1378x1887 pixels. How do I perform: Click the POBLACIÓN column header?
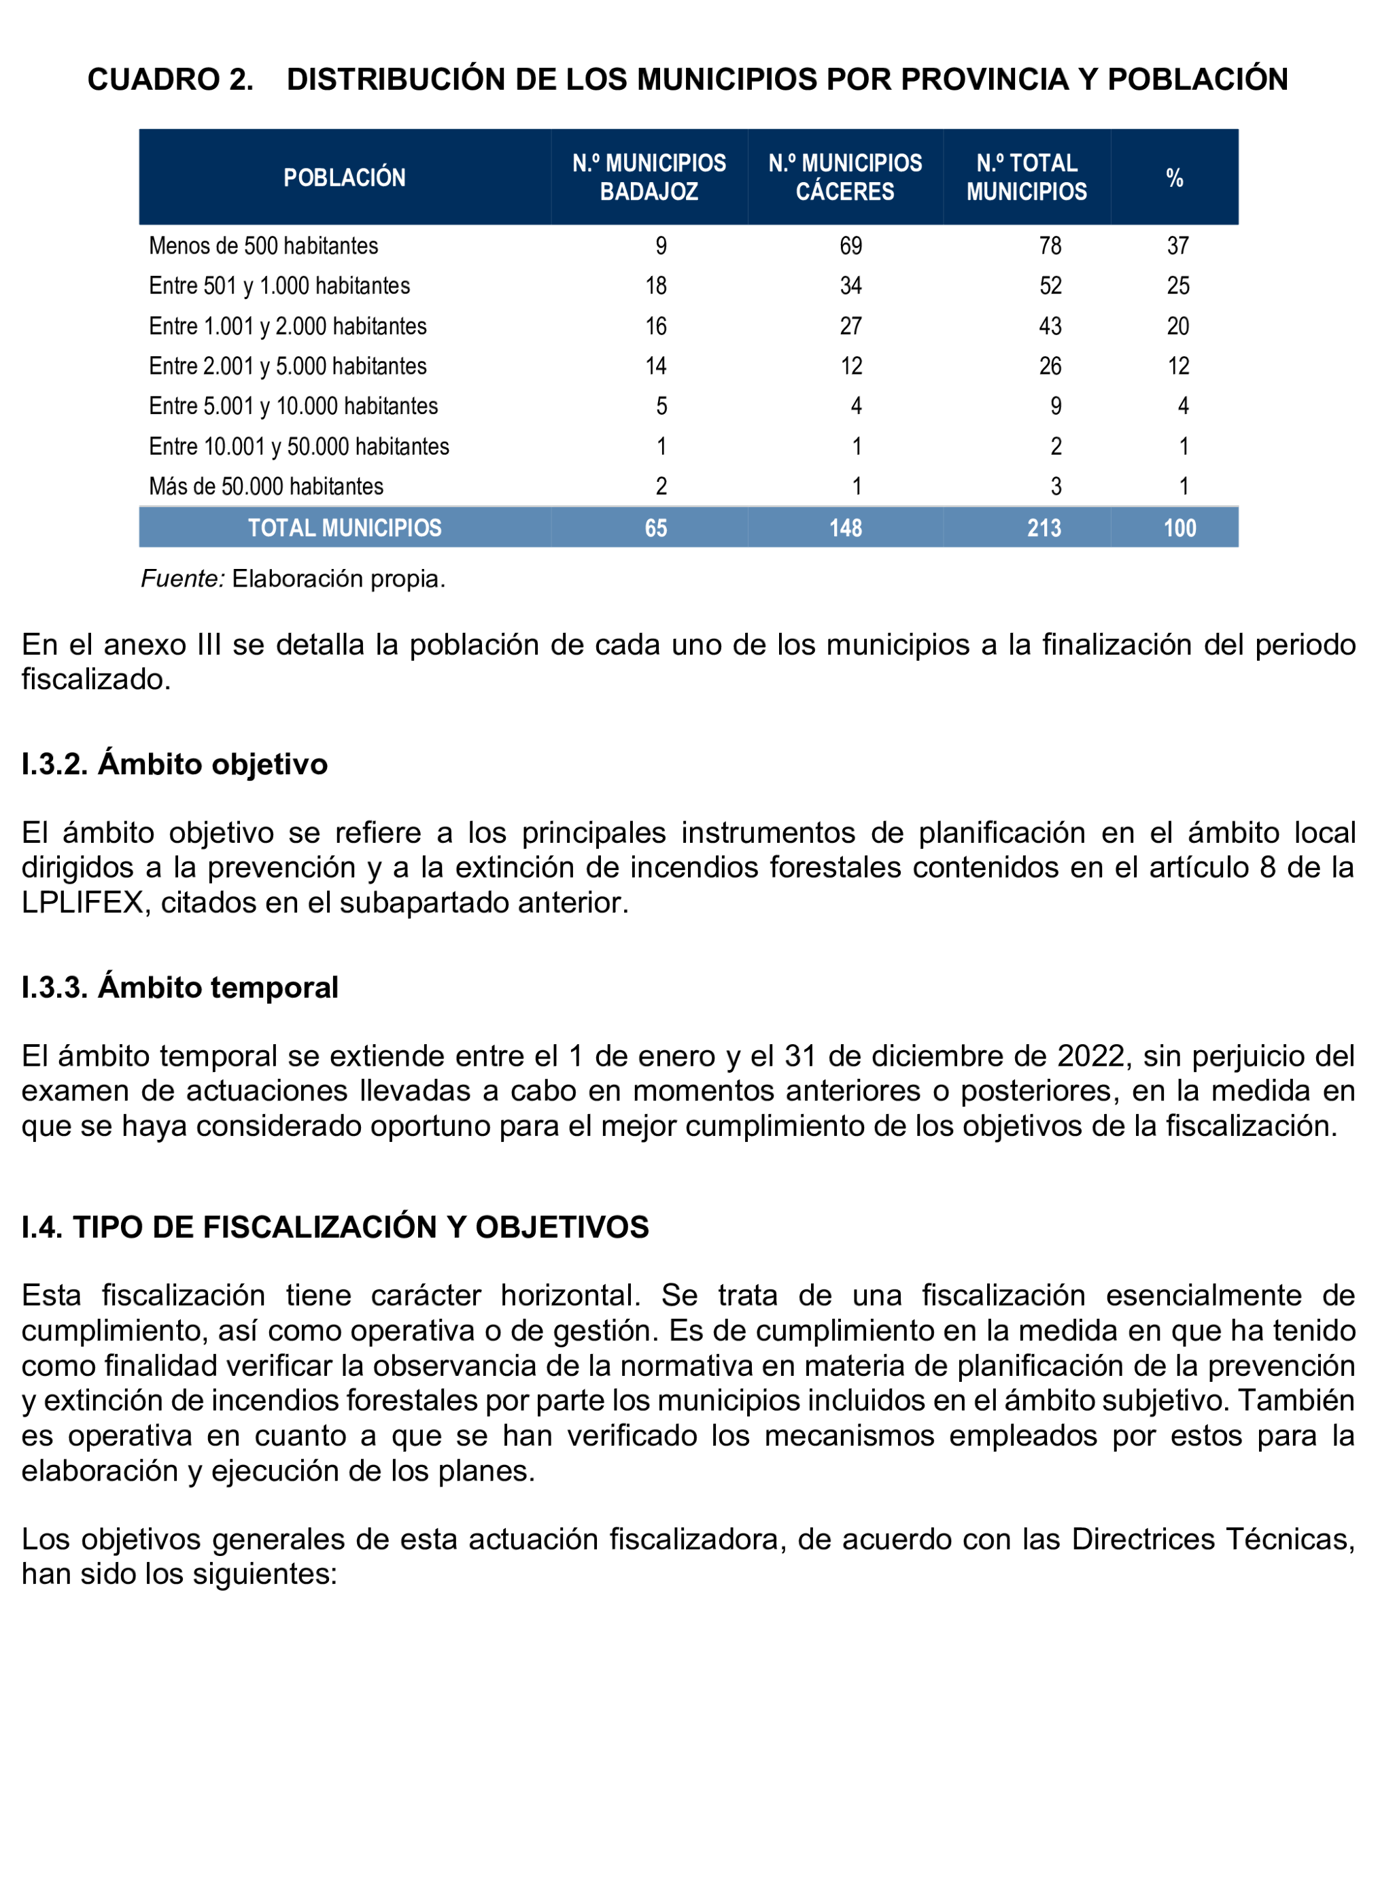(x=344, y=177)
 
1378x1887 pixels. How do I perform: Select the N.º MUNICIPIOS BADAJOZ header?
(x=649, y=177)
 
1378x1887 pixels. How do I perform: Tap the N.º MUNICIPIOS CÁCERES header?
(x=845, y=177)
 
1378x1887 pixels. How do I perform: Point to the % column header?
(x=1175, y=177)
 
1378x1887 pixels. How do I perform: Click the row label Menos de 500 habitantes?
(x=264, y=246)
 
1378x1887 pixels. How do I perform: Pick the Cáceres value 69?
(x=851, y=246)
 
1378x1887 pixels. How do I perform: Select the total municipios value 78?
(x=1050, y=246)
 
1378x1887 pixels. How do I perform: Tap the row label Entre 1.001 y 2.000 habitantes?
(x=288, y=326)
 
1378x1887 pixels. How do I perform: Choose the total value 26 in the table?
(x=1050, y=366)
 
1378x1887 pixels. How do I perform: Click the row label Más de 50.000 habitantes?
(x=266, y=486)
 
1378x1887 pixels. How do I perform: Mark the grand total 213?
(x=1044, y=527)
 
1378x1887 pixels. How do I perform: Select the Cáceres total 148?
(x=845, y=527)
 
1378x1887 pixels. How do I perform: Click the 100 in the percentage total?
(x=1179, y=527)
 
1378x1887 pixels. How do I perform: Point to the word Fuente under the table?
(x=182, y=578)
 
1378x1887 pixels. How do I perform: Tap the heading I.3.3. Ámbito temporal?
(x=179, y=987)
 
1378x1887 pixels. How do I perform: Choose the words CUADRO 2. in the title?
(x=170, y=80)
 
